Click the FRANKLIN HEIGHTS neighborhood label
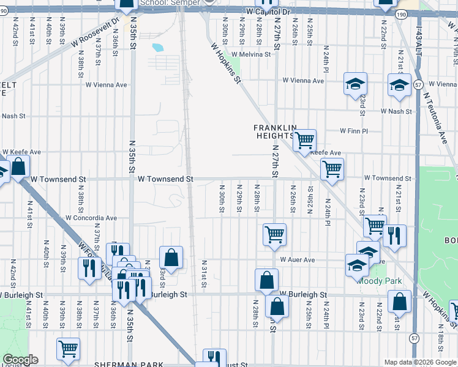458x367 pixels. (x=276, y=132)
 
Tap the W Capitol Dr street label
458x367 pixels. (x=267, y=12)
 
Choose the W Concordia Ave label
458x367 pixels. (x=91, y=218)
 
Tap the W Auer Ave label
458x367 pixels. (x=298, y=260)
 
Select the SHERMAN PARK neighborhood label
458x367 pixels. (x=129, y=364)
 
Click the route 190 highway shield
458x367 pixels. (x=400, y=14)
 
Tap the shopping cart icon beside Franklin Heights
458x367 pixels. (x=304, y=141)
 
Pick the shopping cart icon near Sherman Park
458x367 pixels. (x=69, y=349)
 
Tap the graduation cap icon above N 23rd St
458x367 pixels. (x=355, y=85)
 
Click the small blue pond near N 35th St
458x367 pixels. (x=157, y=47)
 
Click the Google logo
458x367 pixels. (x=20, y=360)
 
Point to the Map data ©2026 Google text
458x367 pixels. (x=420, y=362)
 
